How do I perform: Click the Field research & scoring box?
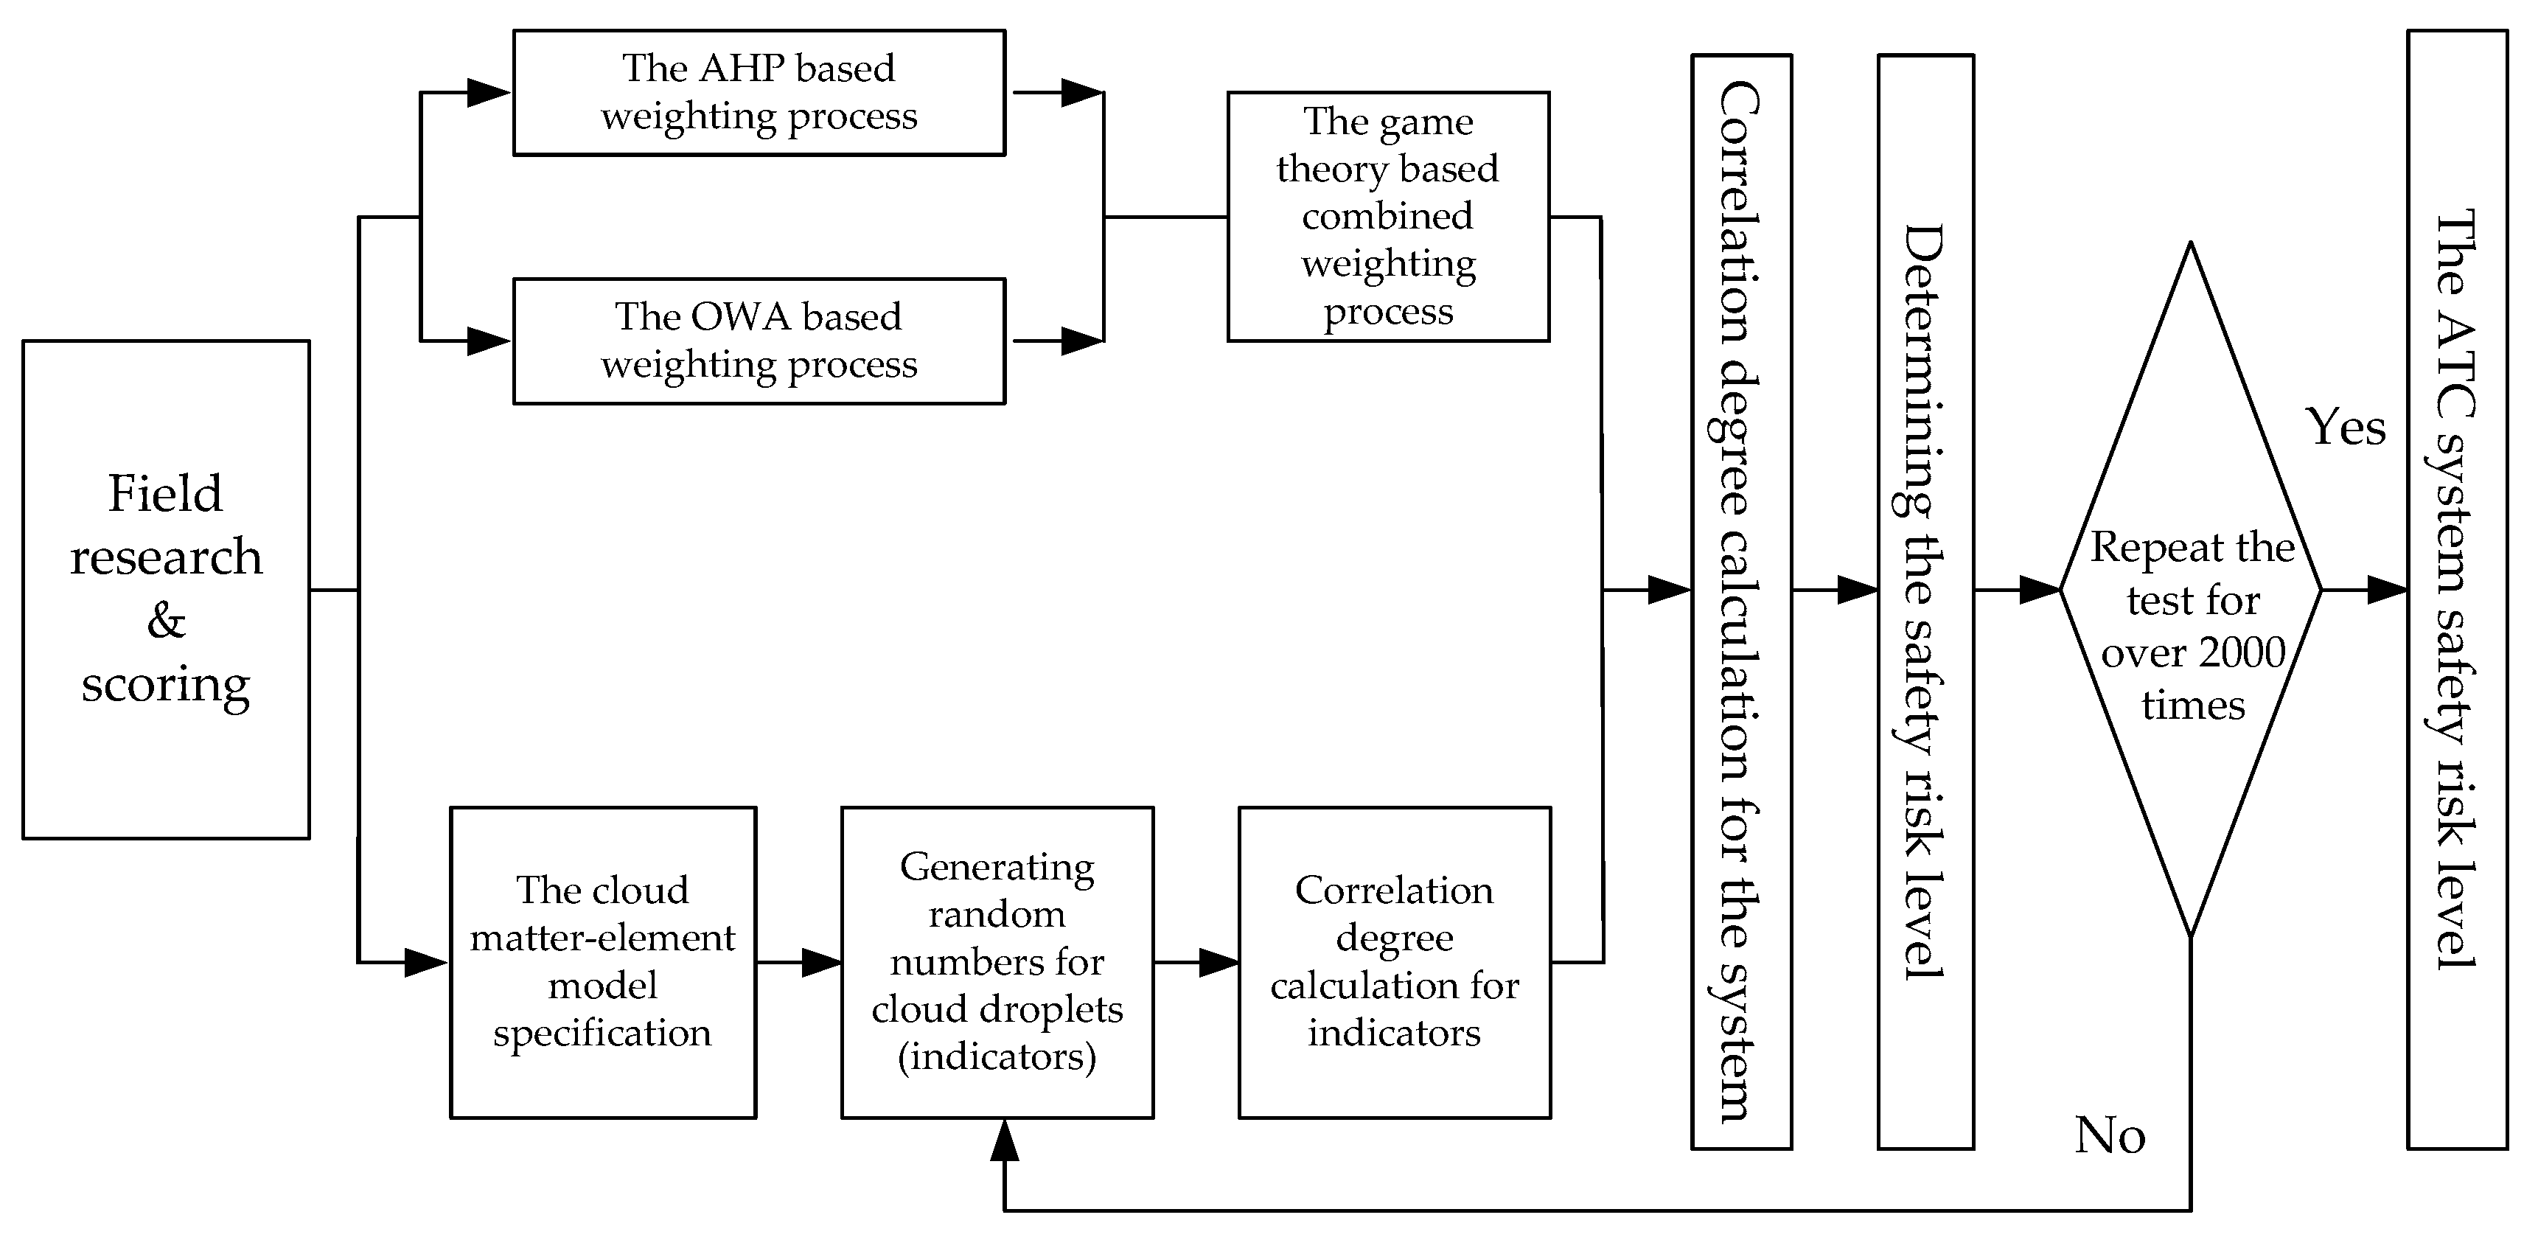[x=166, y=589]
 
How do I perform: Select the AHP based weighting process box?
[x=759, y=92]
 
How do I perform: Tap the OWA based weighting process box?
[x=759, y=341]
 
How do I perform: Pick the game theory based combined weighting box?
[x=1387, y=217]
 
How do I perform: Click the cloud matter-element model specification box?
[x=602, y=961]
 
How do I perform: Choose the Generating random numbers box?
[x=997, y=961]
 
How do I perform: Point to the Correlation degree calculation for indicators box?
[x=1393, y=961]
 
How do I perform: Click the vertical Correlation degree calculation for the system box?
[x=1740, y=601]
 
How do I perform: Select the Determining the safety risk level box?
[x=1925, y=601]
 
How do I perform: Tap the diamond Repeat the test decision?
[x=2191, y=588]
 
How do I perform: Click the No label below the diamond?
[x=2110, y=1136]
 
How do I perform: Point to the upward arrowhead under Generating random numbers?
[x=1004, y=1140]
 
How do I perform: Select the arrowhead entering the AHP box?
[x=488, y=93]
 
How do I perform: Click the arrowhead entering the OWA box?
[x=488, y=341]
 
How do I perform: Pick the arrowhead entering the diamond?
[x=2039, y=590]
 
